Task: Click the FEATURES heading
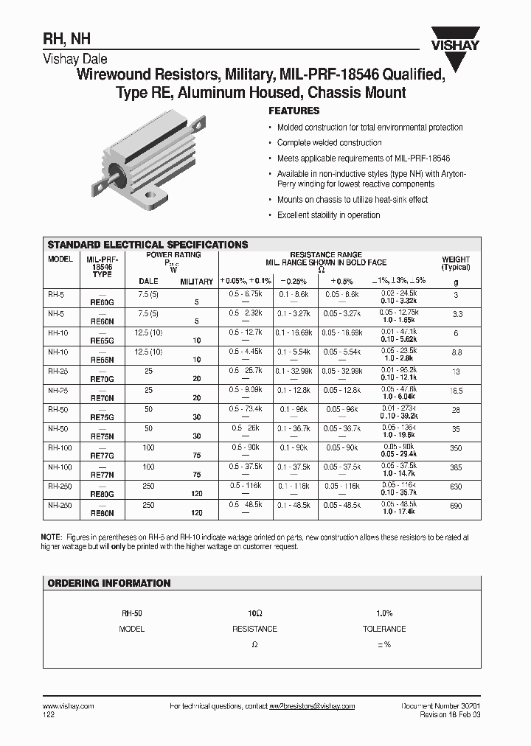tap(294, 111)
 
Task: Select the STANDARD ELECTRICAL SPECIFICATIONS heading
tap(147, 245)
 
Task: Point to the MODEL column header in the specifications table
tap(60, 259)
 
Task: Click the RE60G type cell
tap(102, 301)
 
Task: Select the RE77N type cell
tap(102, 476)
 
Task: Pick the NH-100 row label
tap(60, 467)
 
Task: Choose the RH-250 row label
tap(60, 486)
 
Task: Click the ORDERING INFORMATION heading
tap(109, 583)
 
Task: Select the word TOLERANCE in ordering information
tap(384, 629)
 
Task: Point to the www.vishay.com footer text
tap(64, 706)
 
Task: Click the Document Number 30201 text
tap(440, 706)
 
